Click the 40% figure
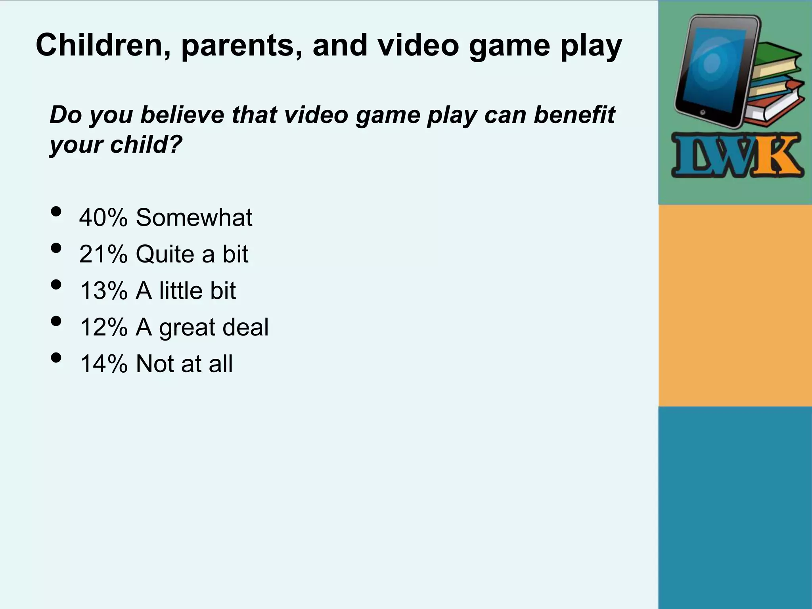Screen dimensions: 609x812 pos(103,217)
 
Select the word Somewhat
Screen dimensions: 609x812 pos(194,217)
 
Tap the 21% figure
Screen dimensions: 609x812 pos(103,254)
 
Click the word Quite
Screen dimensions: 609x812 pos(165,254)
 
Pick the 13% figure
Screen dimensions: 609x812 pos(103,290)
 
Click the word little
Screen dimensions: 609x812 pos(181,290)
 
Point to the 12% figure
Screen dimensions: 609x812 pos(103,327)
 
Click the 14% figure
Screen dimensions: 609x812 pos(103,364)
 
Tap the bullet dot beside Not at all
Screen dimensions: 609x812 pos(56,358)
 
